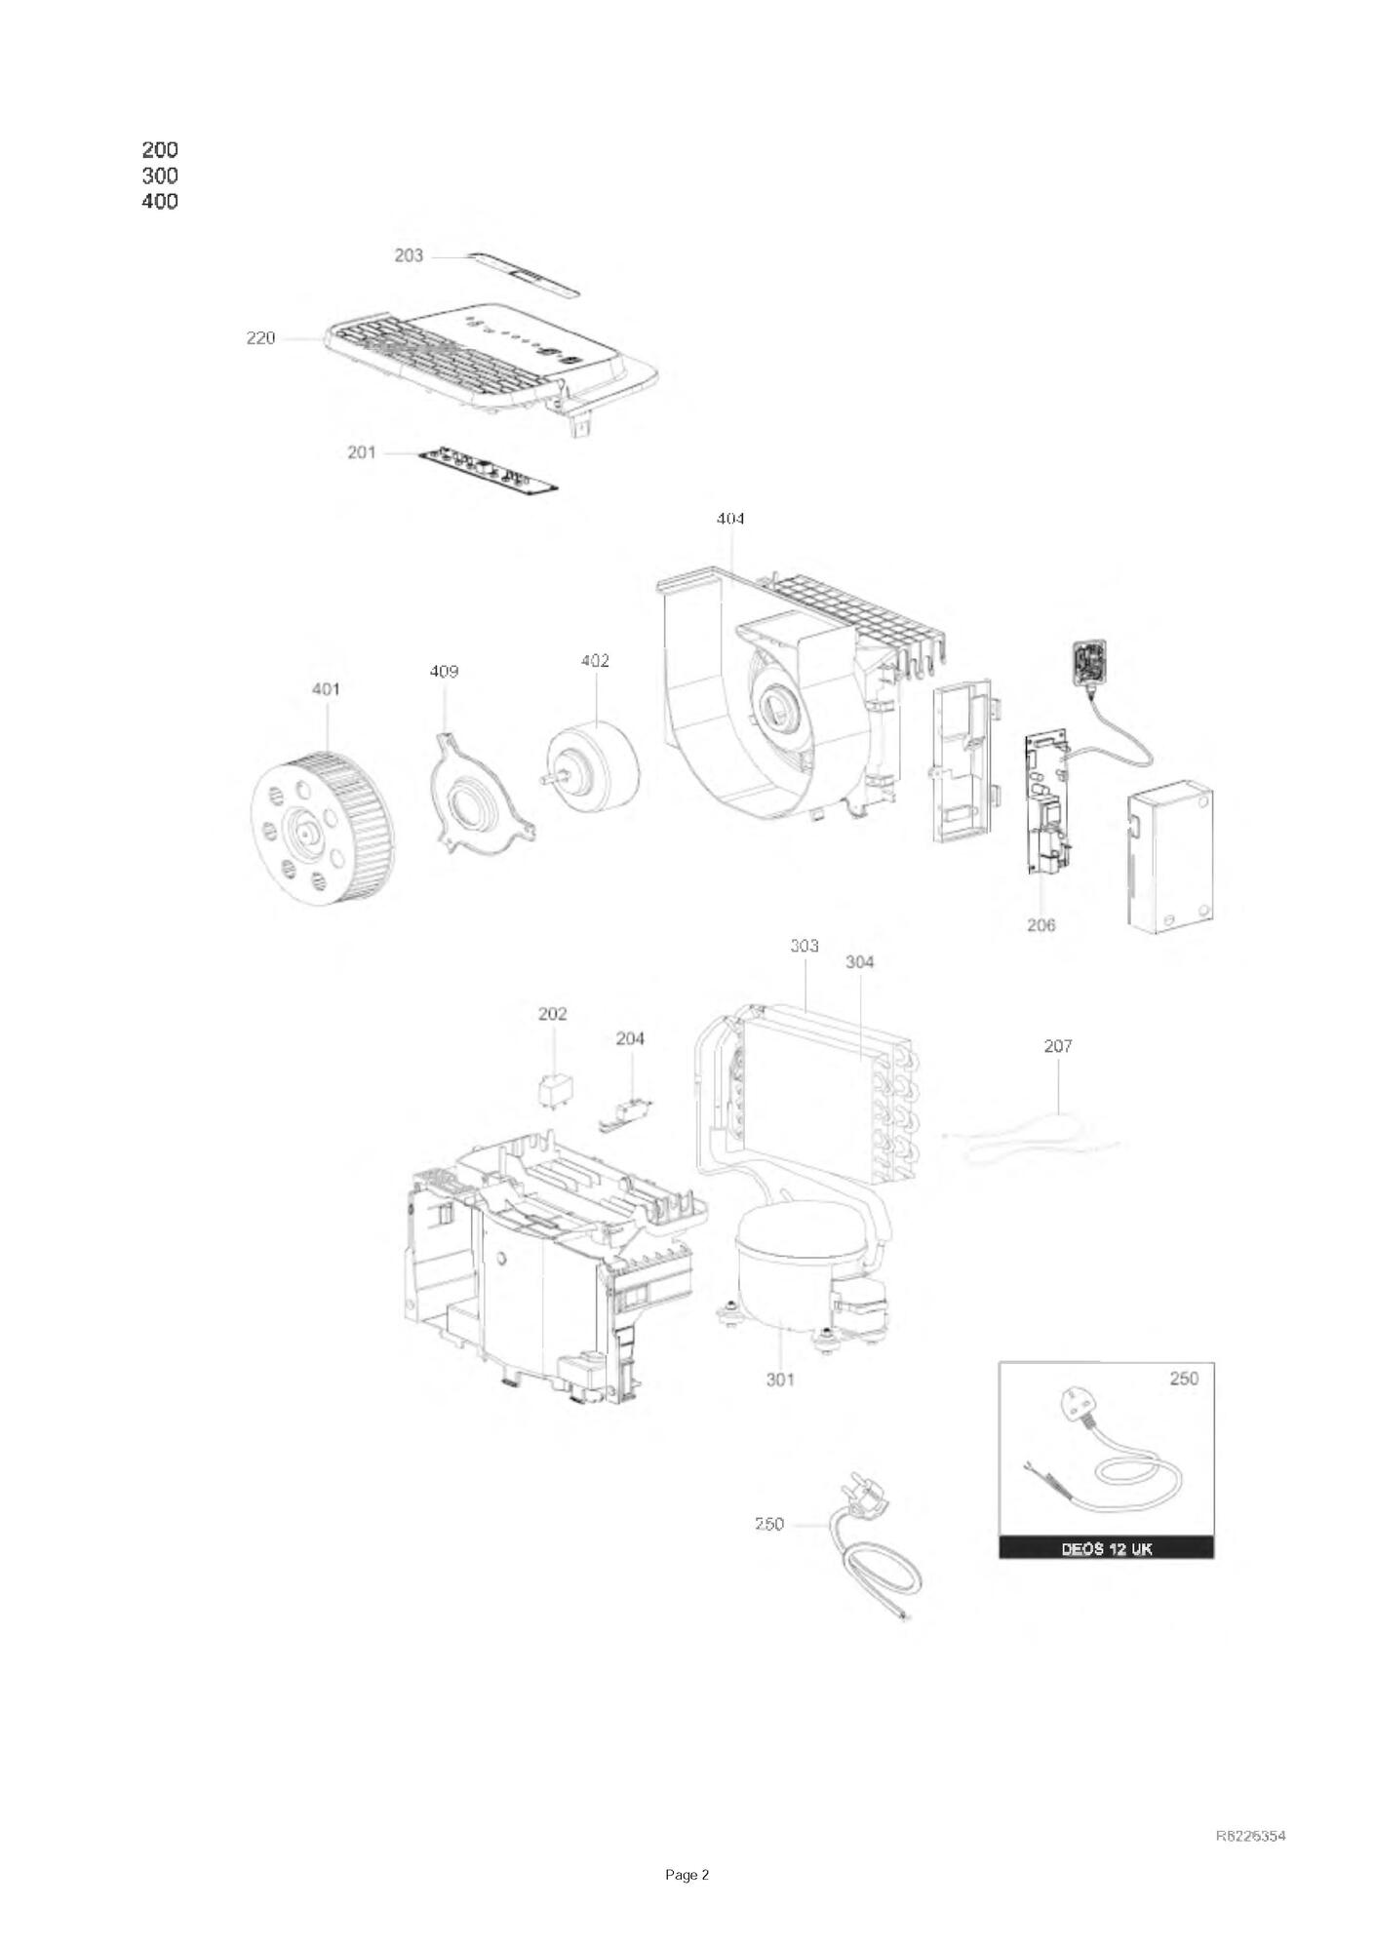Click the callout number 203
click(409, 255)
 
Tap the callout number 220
click(260, 338)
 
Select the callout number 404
click(730, 519)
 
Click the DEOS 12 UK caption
click(1106, 1549)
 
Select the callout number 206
click(1041, 924)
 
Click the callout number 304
click(859, 962)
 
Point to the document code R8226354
click(1251, 1836)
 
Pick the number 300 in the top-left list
click(160, 175)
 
